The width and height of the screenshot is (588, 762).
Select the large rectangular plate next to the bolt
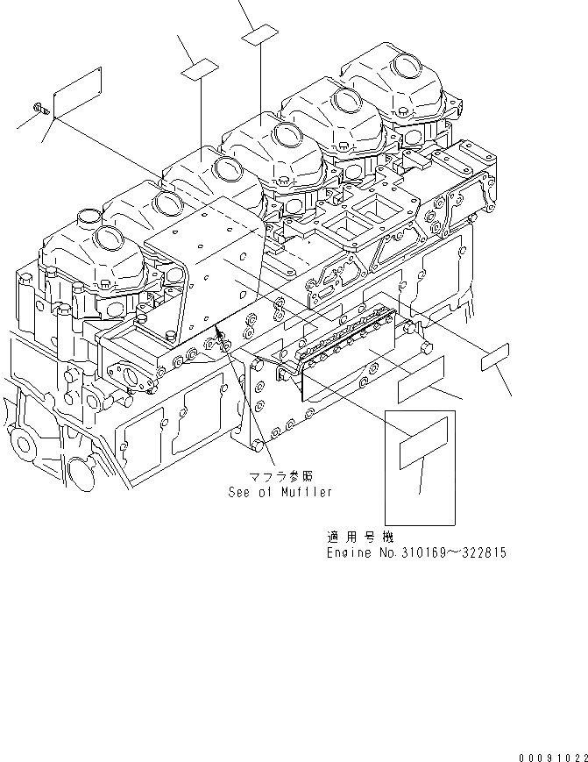79,90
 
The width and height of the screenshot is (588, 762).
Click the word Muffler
306,492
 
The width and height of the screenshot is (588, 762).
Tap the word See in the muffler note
240,492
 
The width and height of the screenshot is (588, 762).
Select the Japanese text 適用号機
352,537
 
